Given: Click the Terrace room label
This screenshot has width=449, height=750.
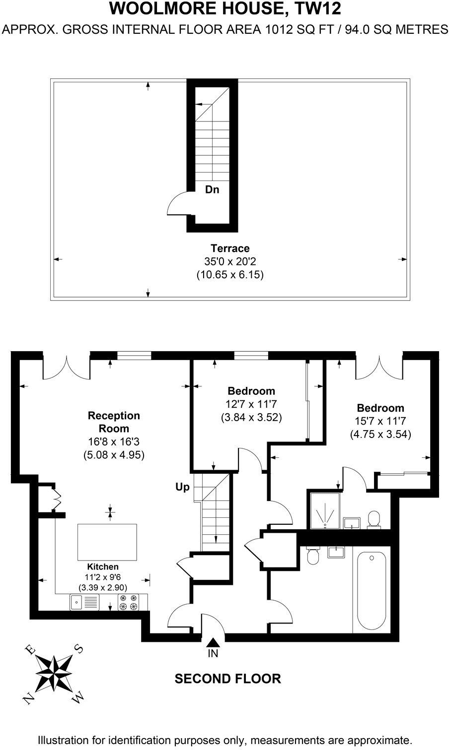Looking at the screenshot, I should coord(229,249).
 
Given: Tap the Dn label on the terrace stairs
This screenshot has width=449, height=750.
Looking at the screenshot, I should coord(212,189).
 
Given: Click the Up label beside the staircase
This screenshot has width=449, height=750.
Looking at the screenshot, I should coord(182,487).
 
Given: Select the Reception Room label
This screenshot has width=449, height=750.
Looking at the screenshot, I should coord(114,422).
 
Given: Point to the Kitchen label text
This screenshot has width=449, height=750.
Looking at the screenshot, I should coord(103,566).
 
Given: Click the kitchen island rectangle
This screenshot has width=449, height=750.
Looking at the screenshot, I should coord(107,542).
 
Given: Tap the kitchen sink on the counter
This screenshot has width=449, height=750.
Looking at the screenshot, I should coord(77,603).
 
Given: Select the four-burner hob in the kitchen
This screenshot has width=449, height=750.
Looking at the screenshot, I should coord(130,603).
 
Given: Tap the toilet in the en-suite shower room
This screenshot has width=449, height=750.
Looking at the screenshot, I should coord(374,520).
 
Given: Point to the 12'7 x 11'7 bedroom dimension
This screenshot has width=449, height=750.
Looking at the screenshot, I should coord(251,404).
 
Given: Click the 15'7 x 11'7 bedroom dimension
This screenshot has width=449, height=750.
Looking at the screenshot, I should coord(380,421).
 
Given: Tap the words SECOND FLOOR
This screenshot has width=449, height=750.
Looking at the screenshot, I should coord(227,679).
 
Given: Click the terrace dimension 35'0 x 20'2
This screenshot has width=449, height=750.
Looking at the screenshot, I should coord(229,261).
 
